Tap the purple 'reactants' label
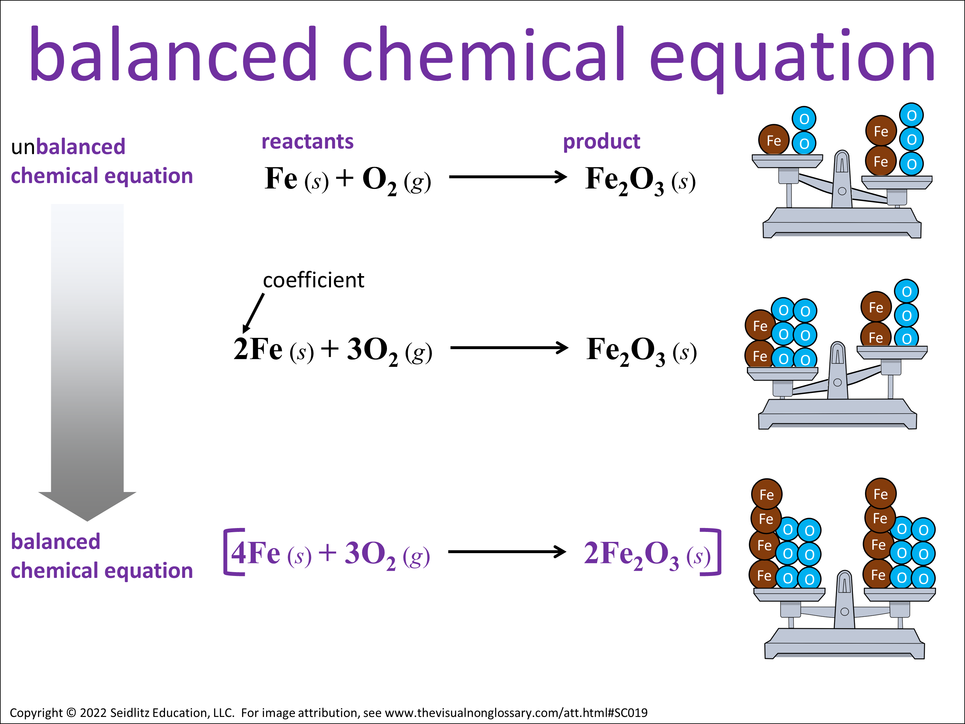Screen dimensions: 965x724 tap(308, 141)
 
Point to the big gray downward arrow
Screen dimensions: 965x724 tap(87, 362)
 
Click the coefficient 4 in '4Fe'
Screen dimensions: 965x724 tap(239, 552)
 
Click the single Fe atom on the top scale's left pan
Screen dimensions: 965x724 tap(774, 140)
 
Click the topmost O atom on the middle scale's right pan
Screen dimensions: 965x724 tap(906, 291)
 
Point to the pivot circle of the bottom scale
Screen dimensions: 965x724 tap(845, 611)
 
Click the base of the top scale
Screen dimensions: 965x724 tap(842, 223)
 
